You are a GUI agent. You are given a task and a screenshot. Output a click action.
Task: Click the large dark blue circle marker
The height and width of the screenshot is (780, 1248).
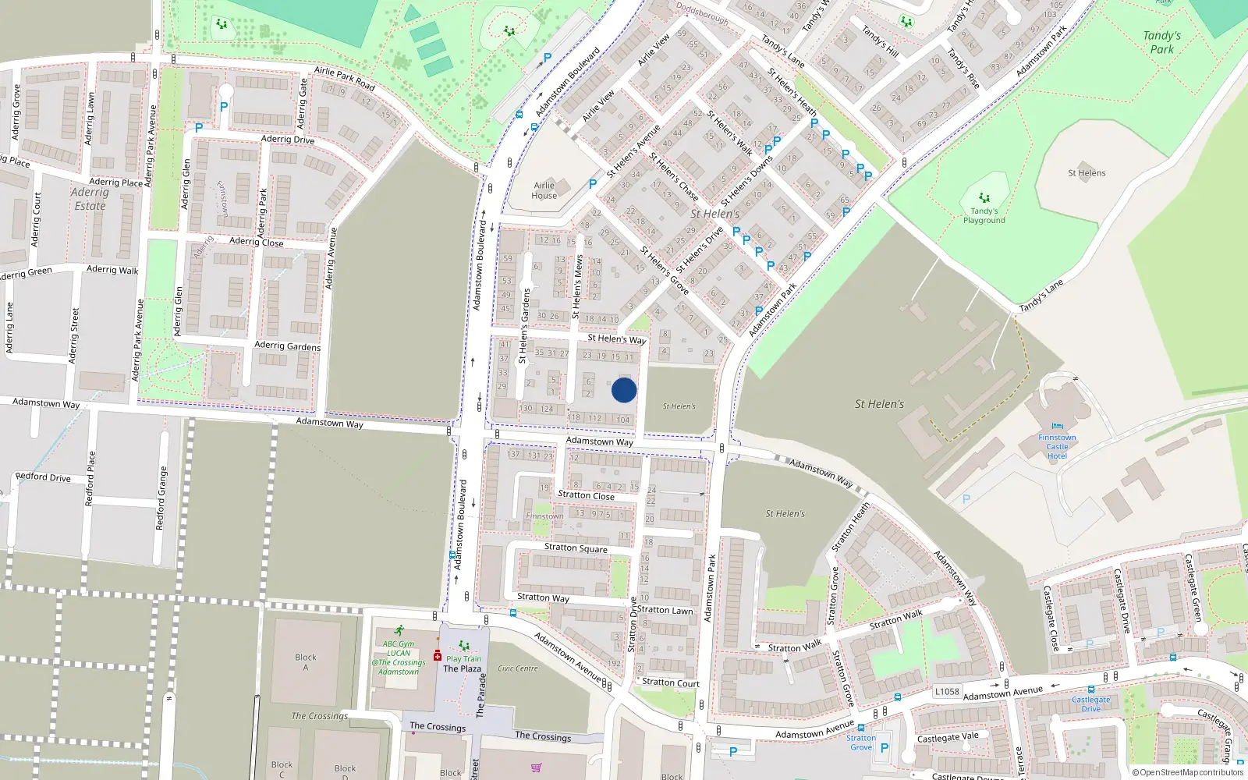(x=624, y=390)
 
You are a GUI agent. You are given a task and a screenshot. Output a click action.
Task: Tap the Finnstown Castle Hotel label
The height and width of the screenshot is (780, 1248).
(x=1057, y=446)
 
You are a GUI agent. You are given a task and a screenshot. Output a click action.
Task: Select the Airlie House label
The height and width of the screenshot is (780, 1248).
(x=544, y=190)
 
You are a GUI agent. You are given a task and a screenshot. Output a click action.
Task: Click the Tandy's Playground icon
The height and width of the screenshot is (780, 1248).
(x=984, y=198)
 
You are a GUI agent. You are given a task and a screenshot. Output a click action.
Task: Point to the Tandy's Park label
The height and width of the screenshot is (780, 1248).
(x=1161, y=42)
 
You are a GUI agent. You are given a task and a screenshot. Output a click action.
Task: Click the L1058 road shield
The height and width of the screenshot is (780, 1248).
(x=947, y=691)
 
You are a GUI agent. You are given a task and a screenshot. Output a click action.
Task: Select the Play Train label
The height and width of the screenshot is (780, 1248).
(x=464, y=658)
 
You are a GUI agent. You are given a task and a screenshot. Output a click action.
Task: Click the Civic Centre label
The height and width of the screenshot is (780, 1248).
(x=518, y=668)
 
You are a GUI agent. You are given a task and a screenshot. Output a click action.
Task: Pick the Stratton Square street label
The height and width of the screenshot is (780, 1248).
(x=576, y=548)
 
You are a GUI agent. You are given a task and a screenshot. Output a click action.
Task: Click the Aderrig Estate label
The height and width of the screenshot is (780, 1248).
(x=90, y=199)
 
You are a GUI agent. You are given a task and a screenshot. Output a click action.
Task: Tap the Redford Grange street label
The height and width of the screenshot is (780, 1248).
(x=162, y=498)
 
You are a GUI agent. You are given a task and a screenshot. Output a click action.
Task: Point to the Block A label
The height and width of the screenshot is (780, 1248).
(x=306, y=661)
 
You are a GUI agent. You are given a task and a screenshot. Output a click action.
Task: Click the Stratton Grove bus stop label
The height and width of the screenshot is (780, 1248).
(x=861, y=743)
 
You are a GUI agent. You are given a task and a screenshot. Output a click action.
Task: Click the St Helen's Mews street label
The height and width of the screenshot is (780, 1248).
(x=577, y=286)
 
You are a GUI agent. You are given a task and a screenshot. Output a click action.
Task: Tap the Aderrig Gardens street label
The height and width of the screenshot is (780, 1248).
(x=287, y=346)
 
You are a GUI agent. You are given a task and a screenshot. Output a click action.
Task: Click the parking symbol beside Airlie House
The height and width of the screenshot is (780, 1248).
(x=593, y=184)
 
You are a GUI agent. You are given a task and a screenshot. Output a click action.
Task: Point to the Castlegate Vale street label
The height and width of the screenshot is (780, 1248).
(x=947, y=737)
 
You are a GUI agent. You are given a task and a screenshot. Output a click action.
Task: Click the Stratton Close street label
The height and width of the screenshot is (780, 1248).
(x=586, y=495)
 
